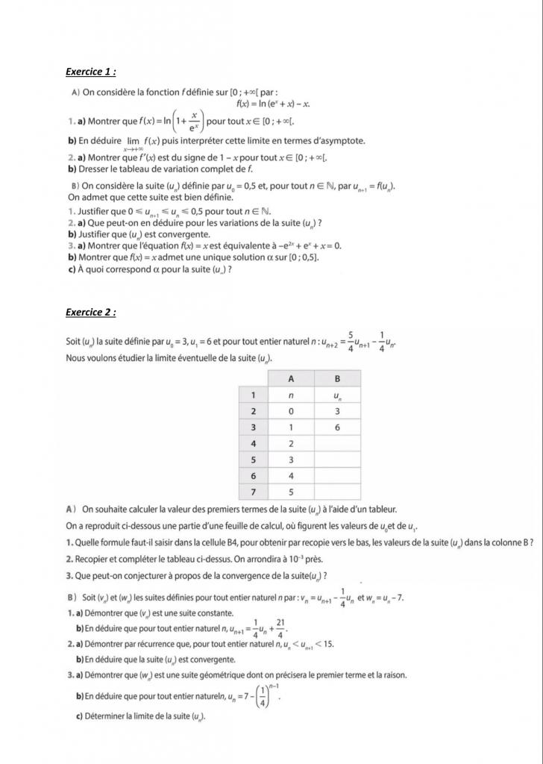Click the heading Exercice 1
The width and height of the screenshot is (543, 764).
(x=90, y=72)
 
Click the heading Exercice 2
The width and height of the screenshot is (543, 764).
(x=90, y=313)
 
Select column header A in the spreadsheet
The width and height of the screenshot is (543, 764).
(x=291, y=378)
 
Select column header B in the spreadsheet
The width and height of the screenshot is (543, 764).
(x=337, y=378)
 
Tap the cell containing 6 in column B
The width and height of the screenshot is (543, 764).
(x=337, y=428)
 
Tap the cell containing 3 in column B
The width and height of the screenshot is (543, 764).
(x=337, y=411)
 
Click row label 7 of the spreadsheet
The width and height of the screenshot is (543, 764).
(x=254, y=492)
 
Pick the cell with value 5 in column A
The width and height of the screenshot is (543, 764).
(x=291, y=492)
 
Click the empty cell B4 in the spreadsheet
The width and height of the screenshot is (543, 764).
(x=337, y=444)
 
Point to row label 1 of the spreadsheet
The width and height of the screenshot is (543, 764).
(x=254, y=395)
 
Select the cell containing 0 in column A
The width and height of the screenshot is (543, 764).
(x=291, y=411)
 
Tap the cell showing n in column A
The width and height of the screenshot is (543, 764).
(x=291, y=395)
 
